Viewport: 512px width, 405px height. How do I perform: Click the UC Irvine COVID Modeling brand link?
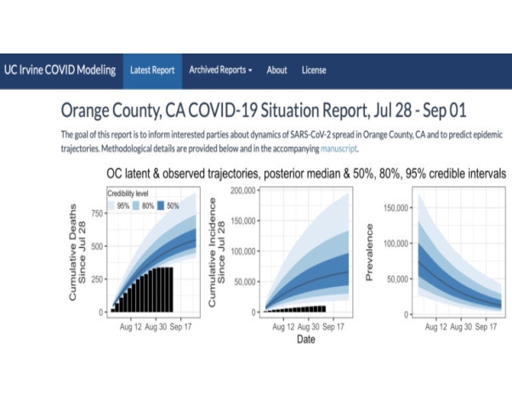pyautogui.click(x=60, y=70)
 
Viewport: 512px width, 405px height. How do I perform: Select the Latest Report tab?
pyautogui.click(x=152, y=70)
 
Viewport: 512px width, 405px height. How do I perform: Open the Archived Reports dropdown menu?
pyautogui.click(x=220, y=70)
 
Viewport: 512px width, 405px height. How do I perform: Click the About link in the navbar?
pyautogui.click(x=276, y=70)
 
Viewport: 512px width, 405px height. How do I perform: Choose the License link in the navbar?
pyautogui.click(x=314, y=70)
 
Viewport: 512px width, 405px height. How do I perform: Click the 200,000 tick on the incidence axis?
pyautogui.click(x=241, y=191)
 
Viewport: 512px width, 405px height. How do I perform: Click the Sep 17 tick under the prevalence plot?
pyautogui.click(x=486, y=325)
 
